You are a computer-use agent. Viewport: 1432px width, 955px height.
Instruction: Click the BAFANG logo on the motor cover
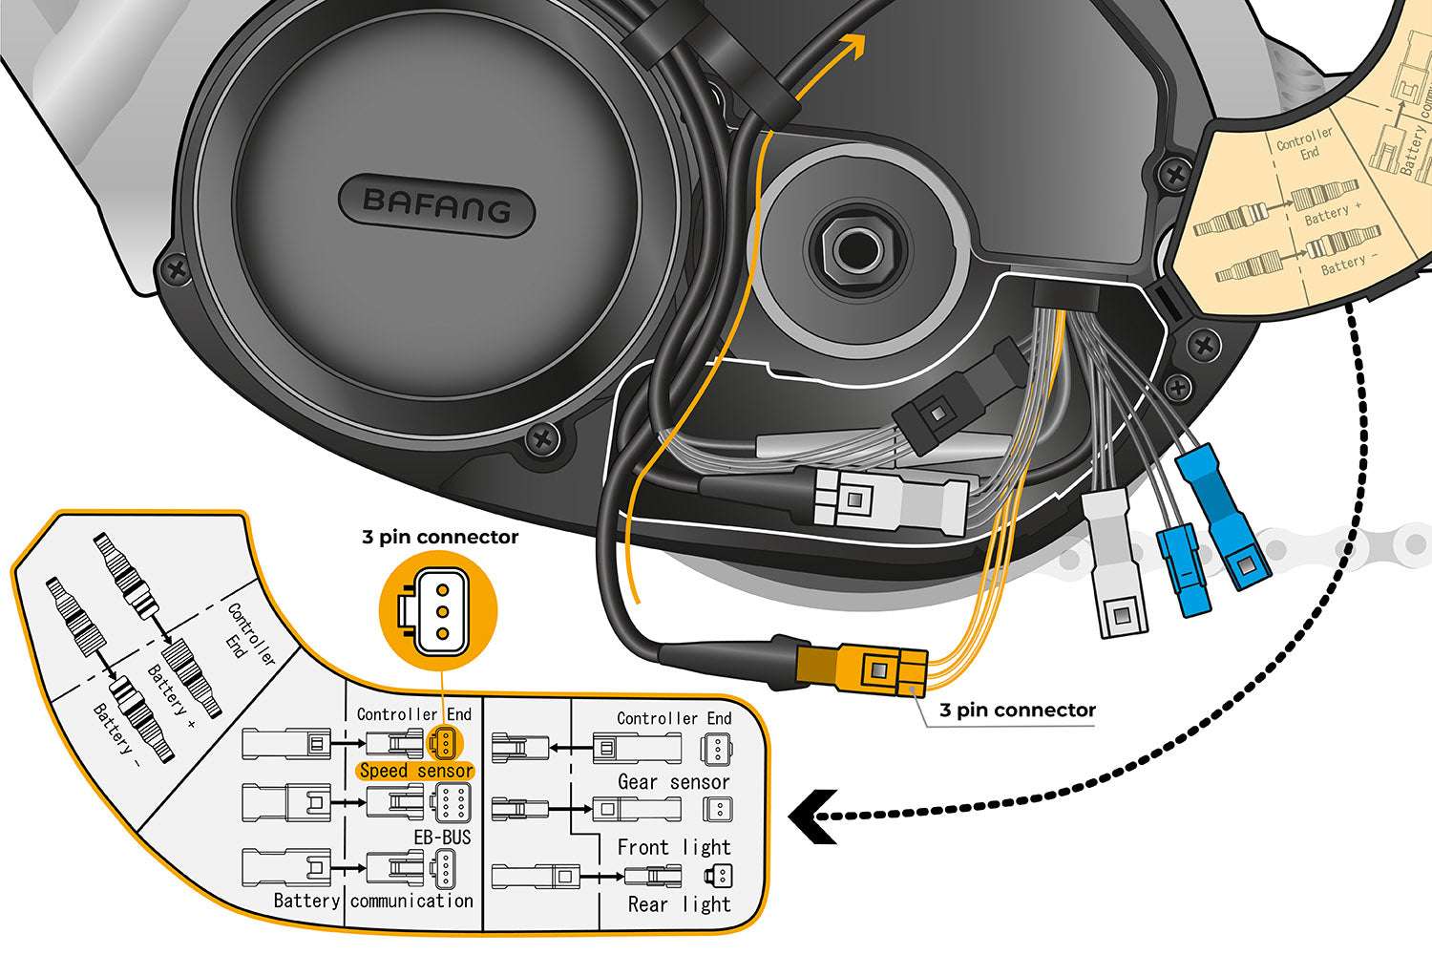[x=437, y=203]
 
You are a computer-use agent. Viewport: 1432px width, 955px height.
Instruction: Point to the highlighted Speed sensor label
[x=416, y=771]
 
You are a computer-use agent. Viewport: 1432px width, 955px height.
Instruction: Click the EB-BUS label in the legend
[x=442, y=838]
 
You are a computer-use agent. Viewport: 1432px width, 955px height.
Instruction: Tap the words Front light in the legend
[x=674, y=847]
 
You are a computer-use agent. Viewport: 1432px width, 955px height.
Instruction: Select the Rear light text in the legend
[x=679, y=904]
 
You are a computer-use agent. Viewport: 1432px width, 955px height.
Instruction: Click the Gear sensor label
[x=674, y=782]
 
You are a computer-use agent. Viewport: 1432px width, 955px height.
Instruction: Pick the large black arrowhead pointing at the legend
[x=814, y=817]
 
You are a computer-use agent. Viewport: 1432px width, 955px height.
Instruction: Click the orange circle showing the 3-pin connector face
[x=439, y=609]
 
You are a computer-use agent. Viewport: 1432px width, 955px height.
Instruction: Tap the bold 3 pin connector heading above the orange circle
[x=440, y=537]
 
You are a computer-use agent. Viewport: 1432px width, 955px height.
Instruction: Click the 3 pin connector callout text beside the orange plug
[x=1018, y=710]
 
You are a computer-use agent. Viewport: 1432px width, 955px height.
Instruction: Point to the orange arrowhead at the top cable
[x=853, y=45]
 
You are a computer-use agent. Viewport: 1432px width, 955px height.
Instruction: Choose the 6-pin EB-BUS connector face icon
[x=450, y=803]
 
